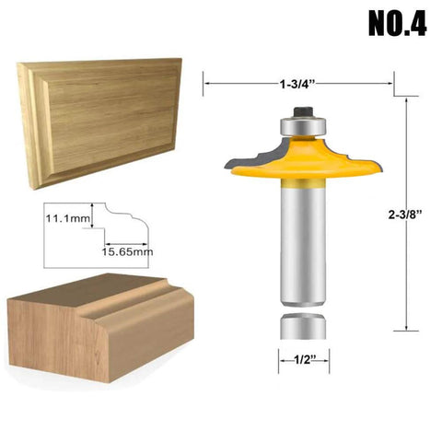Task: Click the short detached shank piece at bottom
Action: tap(302, 327)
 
